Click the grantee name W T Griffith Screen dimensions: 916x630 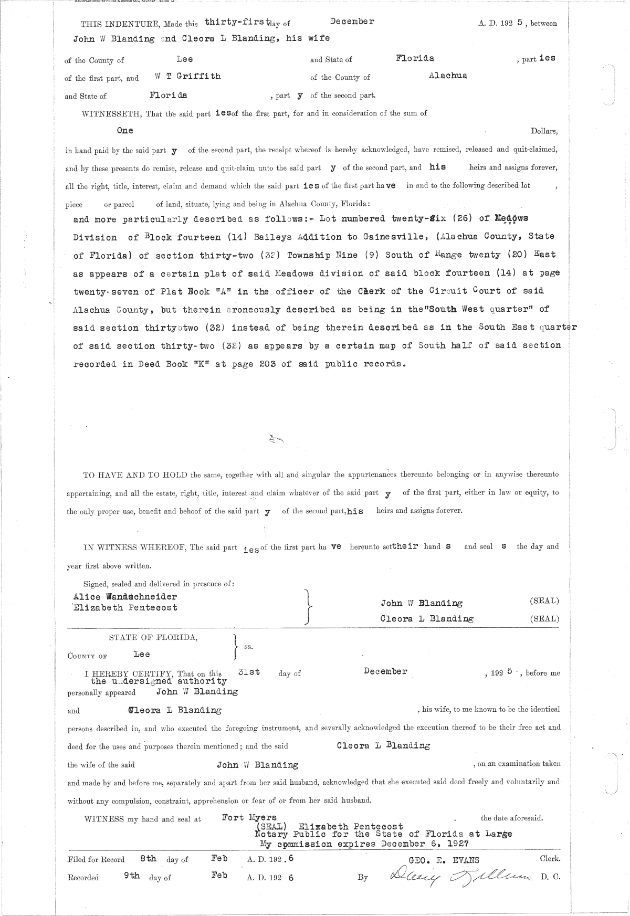pos(187,76)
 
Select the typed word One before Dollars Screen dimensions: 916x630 pos(125,130)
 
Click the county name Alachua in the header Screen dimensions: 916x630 pos(447,75)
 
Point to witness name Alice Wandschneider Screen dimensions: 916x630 pos(125,596)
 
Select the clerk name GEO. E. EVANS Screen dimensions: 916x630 pos(444,860)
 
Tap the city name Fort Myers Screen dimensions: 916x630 pos(249,817)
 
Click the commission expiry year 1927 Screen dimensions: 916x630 pos(455,844)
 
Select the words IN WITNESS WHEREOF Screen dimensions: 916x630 pos(135,547)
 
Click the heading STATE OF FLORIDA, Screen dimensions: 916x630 pos(153,638)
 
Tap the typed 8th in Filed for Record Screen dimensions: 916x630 pos(148,859)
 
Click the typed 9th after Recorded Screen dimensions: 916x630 pos(132,876)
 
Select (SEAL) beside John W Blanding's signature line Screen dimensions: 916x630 pos(544,601)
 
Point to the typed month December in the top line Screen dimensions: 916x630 pos(352,22)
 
